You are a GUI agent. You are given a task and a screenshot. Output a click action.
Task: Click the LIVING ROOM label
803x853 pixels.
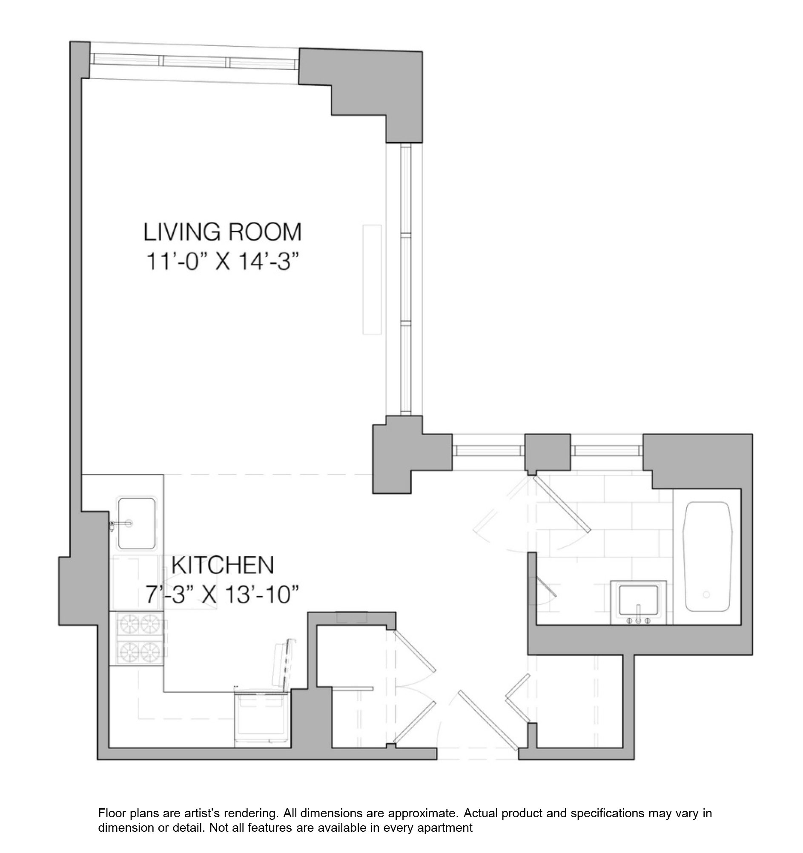tap(222, 232)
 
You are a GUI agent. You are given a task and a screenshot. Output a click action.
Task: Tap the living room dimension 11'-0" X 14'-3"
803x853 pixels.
tap(222, 261)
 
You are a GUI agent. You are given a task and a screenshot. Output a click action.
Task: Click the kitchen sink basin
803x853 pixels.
tap(137, 523)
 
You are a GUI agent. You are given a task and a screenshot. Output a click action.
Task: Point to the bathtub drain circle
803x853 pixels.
tap(706, 595)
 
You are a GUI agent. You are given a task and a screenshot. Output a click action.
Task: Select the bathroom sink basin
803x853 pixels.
tap(638, 599)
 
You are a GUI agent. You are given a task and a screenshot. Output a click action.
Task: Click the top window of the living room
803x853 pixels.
tap(194, 61)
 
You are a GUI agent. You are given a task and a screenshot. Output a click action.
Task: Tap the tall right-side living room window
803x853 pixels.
tap(406, 279)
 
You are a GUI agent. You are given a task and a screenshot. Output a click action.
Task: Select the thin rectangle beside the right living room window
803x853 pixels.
tap(372, 279)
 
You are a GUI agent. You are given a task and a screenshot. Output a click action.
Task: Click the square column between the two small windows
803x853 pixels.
tap(548, 452)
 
